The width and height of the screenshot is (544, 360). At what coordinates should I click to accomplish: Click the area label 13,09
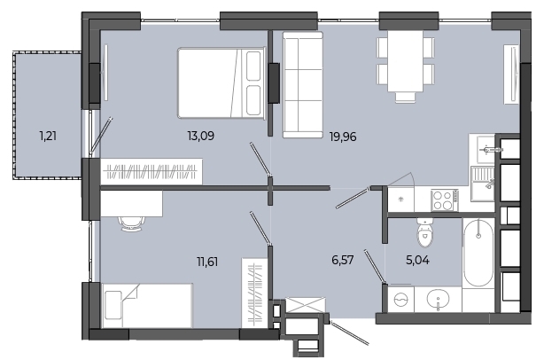pyautogui.click(x=200, y=136)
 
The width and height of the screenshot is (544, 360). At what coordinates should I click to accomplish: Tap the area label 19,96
pyautogui.click(x=343, y=137)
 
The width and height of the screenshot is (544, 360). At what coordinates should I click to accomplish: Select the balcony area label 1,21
pyautogui.click(x=48, y=136)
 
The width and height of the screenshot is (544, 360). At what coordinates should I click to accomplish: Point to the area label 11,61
pyautogui.click(x=207, y=261)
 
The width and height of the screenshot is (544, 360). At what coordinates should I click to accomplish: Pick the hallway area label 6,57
pyautogui.click(x=342, y=260)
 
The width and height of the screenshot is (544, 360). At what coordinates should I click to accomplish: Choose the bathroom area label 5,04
pyautogui.click(x=417, y=260)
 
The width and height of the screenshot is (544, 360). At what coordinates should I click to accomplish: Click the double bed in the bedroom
pyautogui.click(x=221, y=83)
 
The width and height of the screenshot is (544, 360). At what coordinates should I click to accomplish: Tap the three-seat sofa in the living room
pyautogui.click(x=302, y=85)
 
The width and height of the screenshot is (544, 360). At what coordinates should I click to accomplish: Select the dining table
pyautogui.click(x=405, y=61)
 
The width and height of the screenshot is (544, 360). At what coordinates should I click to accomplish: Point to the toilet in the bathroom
pyautogui.click(x=424, y=233)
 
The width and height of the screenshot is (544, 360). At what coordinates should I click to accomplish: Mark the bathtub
pyautogui.click(x=478, y=252)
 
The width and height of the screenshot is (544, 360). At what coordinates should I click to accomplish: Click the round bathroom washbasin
pyautogui.click(x=438, y=299)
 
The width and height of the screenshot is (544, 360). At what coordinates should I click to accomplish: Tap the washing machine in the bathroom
pyautogui.click(x=401, y=299)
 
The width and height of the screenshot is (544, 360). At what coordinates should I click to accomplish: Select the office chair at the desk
pyautogui.click(x=131, y=224)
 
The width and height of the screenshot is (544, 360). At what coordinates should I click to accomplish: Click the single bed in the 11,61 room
pyautogui.click(x=147, y=306)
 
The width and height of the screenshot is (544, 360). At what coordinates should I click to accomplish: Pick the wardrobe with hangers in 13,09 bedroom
pyautogui.click(x=152, y=171)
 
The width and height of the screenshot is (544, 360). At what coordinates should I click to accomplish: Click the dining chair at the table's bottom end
pyautogui.click(x=405, y=97)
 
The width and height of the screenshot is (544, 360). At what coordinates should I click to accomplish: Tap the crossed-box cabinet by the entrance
pyautogui.click(x=305, y=305)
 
